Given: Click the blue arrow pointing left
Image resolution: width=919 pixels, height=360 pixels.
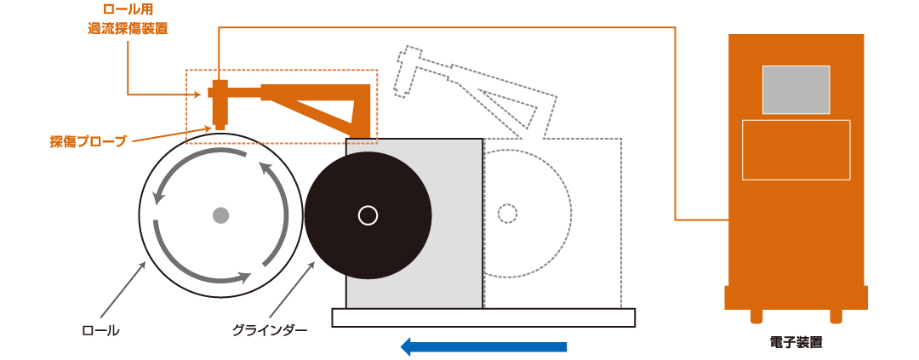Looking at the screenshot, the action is (x=483, y=346).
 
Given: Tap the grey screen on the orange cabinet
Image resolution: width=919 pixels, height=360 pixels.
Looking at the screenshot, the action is (x=796, y=89).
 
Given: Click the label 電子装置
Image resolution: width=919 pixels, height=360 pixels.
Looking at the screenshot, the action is (x=796, y=342).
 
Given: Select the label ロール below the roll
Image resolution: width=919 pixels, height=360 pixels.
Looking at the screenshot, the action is (x=100, y=331).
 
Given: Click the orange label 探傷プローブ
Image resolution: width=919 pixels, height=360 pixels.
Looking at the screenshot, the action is (x=88, y=142).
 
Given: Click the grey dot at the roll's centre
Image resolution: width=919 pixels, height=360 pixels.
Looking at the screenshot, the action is (x=220, y=216).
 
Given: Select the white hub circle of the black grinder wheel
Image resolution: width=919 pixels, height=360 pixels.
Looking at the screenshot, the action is (x=368, y=216).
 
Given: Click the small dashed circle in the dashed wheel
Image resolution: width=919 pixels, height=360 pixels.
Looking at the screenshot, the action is (x=507, y=214).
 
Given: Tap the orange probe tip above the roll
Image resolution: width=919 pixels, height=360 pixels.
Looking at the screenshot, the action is (x=220, y=125).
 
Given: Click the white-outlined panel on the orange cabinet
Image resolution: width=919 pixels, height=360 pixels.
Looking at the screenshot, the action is (x=796, y=150).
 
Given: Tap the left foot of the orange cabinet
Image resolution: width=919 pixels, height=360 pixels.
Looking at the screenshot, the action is (x=756, y=316).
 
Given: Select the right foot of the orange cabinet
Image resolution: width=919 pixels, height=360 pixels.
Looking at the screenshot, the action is (x=836, y=316).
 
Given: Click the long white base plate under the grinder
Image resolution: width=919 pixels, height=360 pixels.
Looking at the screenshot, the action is (x=483, y=317).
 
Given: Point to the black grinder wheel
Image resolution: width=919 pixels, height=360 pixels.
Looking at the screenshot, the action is (x=368, y=216).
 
